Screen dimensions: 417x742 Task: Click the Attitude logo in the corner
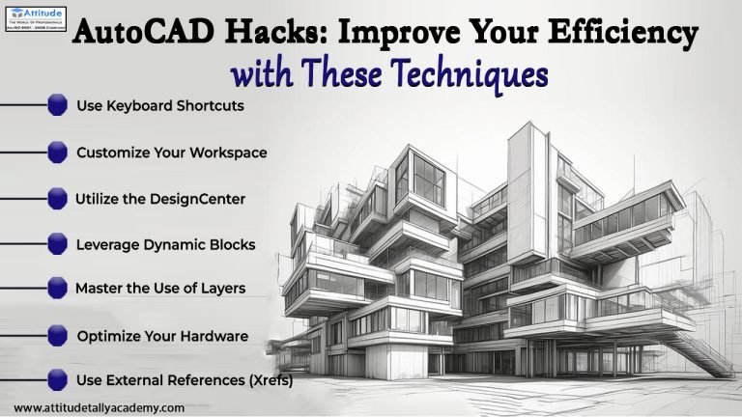pos(33,16)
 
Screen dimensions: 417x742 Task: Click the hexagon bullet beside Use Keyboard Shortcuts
pos(58,105)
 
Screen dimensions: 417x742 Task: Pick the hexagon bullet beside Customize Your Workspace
pos(58,152)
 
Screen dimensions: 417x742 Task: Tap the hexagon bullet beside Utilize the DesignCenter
pos(58,198)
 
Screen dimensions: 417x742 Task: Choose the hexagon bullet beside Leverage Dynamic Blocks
pos(58,244)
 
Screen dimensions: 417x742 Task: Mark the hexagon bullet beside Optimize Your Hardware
pos(58,336)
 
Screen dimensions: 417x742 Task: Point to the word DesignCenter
pos(201,199)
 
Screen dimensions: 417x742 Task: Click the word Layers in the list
pos(222,288)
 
